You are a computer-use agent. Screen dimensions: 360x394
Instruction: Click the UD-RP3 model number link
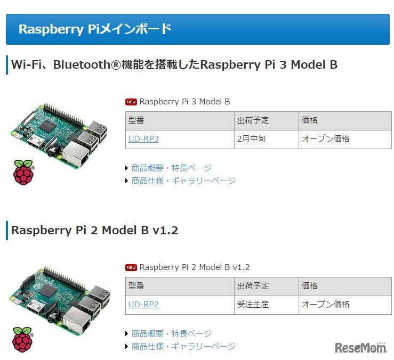coord(143,139)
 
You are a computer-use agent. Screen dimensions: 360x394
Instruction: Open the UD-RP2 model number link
coord(143,305)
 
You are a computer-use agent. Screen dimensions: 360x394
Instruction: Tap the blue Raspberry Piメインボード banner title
coord(95,29)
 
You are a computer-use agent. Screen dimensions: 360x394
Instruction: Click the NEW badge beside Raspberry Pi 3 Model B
coord(131,102)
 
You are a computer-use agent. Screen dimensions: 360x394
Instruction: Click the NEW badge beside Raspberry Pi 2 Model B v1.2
coord(131,267)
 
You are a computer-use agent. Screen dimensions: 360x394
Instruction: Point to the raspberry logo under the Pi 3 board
coord(23,171)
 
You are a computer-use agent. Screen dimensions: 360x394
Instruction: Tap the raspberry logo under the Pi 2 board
coord(23,338)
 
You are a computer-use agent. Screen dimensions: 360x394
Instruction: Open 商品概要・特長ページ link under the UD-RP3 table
coord(171,168)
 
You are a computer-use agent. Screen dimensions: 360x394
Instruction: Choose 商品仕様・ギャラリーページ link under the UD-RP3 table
coord(183,181)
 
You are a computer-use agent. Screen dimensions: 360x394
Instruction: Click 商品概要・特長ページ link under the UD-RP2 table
coord(171,333)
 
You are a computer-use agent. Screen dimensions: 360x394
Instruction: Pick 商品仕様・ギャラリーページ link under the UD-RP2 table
coord(183,346)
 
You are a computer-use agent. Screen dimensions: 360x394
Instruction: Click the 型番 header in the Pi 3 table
coord(136,120)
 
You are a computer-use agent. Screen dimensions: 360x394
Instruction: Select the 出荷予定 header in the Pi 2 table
coord(253,286)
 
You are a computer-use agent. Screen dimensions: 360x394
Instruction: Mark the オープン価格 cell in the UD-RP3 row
coord(326,139)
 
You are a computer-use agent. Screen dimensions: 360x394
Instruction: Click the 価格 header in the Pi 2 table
coord(310,286)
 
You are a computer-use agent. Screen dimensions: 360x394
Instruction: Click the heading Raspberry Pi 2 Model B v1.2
coord(95,231)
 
